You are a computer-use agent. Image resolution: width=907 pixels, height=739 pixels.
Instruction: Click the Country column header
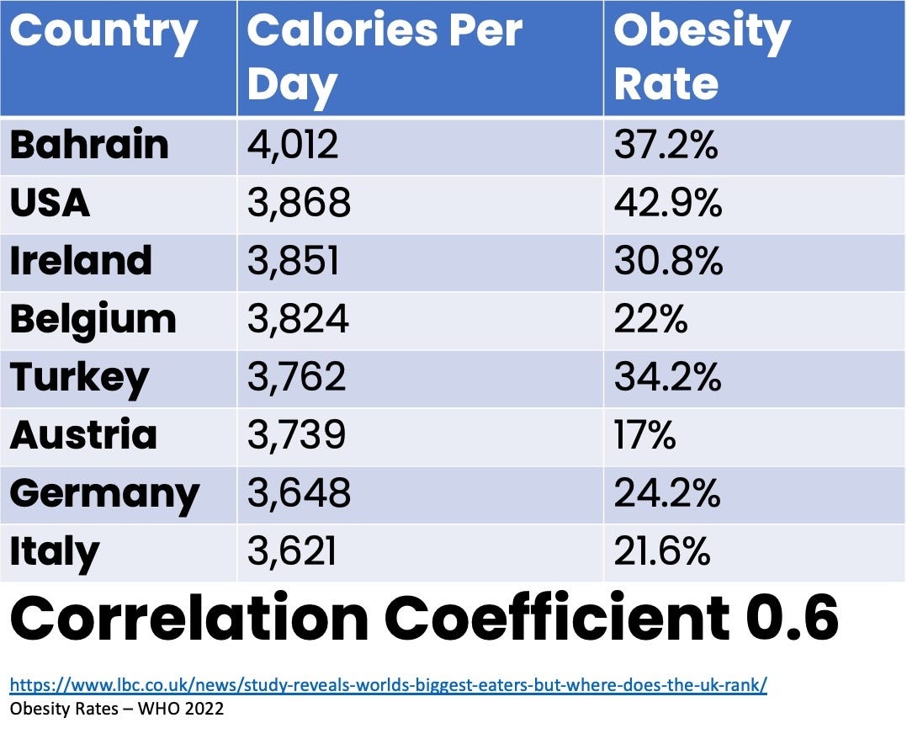pyautogui.click(x=103, y=32)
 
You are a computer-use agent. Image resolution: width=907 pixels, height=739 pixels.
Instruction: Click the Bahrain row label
pyautogui.click(x=89, y=145)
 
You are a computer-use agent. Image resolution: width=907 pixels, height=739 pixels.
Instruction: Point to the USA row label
pyautogui.click(x=50, y=203)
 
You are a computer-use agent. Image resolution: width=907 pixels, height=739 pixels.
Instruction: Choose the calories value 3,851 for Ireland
pyautogui.click(x=293, y=261)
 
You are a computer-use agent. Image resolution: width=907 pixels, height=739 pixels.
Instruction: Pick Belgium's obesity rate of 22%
pyautogui.click(x=651, y=319)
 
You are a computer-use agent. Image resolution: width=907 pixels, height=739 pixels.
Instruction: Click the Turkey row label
pyautogui.click(x=79, y=377)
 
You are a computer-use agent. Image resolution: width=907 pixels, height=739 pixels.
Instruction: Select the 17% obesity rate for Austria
pyautogui.click(x=644, y=435)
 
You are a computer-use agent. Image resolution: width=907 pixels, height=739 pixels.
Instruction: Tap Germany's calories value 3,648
pyautogui.click(x=299, y=493)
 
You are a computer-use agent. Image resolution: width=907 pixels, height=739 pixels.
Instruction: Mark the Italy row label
pyautogui.click(x=54, y=551)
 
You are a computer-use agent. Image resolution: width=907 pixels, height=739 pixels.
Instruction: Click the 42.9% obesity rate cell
pyautogui.click(x=668, y=203)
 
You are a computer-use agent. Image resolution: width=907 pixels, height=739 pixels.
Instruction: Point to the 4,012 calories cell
pyautogui.click(x=293, y=145)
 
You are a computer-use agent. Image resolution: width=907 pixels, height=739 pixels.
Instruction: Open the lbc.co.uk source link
pyautogui.click(x=388, y=685)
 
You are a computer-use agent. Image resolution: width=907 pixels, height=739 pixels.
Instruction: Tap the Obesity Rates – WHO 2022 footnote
pyautogui.click(x=117, y=709)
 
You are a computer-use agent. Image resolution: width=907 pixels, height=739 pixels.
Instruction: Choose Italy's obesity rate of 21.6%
pyautogui.click(x=662, y=551)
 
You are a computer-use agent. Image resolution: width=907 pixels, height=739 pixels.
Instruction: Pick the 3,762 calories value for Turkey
pyautogui.click(x=296, y=377)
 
